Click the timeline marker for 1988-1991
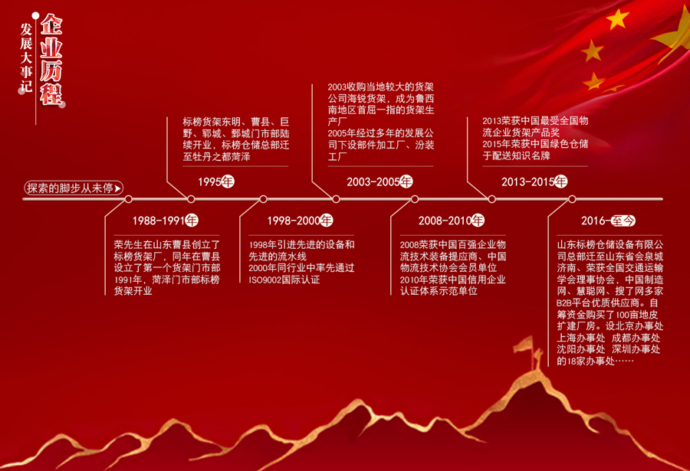click(129, 199)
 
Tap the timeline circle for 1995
click(191, 199)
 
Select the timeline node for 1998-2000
click(263, 199)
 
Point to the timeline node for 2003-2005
click(337, 199)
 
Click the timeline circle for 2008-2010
click(415, 199)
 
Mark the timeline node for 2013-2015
click(492, 199)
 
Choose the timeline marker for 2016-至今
click(572, 199)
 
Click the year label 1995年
click(216, 182)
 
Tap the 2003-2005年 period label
click(379, 182)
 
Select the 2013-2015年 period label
click(534, 182)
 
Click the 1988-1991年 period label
click(166, 221)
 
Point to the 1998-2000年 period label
click(300, 221)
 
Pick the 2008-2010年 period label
click(452, 221)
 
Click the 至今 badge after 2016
click(623, 221)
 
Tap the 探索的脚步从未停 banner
click(74, 188)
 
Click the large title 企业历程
click(51, 59)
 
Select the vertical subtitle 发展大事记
click(26, 57)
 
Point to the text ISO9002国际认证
click(284, 280)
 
